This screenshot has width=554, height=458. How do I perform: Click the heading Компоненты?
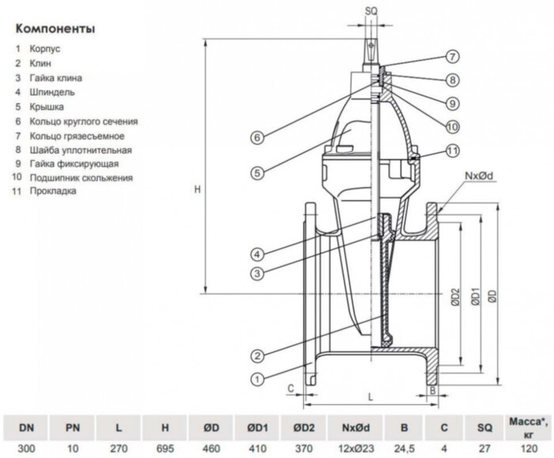[x=55, y=29]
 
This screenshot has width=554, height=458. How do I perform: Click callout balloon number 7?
[x=451, y=57]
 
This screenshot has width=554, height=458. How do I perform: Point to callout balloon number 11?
[x=451, y=150]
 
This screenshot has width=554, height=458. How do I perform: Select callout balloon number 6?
[x=257, y=138]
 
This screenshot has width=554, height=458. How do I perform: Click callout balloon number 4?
[x=258, y=254]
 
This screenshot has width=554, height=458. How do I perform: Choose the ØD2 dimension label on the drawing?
[x=455, y=297]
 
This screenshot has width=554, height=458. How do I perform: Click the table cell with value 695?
[x=165, y=447]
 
